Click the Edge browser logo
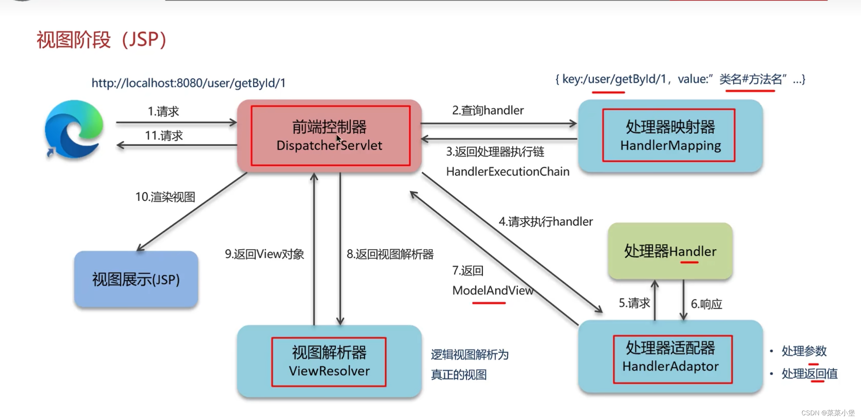tap(74, 129)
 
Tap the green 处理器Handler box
tap(670, 251)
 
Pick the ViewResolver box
tap(329, 362)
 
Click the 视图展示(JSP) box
tap(136, 279)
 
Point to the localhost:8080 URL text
tap(188, 83)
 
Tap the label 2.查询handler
tap(488, 111)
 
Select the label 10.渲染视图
tap(165, 197)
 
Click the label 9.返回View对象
tap(264, 254)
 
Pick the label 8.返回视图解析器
tap(390, 254)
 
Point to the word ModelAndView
tap(493, 291)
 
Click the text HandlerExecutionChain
tap(507, 172)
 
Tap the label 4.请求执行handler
tap(545, 222)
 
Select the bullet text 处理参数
tap(804, 351)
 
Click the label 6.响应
tap(706, 304)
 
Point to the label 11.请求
tap(164, 136)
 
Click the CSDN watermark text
tap(828, 413)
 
